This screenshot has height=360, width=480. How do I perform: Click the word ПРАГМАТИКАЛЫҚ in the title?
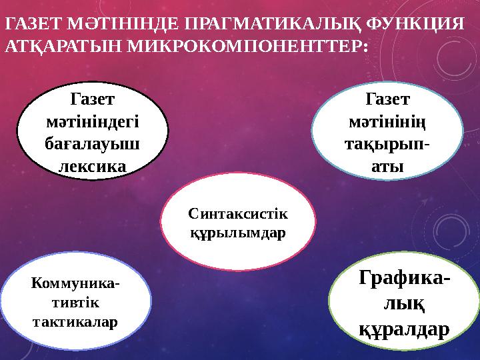(263, 25)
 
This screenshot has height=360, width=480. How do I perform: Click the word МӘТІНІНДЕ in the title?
(122, 25)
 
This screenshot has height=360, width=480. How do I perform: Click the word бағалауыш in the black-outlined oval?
(92, 143)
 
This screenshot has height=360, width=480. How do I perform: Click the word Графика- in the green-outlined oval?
(404, 279)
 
